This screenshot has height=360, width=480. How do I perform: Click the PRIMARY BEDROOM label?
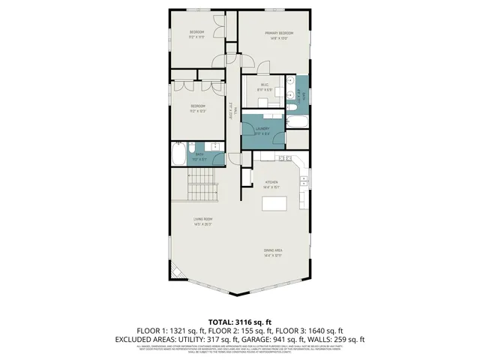click(277, 34)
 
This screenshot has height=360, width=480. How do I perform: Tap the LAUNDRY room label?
click(262, 128)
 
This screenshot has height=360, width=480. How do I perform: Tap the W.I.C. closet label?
click(265, 85)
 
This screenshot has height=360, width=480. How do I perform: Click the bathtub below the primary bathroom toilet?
click(297, 120)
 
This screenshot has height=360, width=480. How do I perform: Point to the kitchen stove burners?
click(284, 159)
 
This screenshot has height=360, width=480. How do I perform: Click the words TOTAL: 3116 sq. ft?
click(239, 320)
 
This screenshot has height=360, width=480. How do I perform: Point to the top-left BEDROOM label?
click(197, 31)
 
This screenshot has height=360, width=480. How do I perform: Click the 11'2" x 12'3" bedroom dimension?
click(198, 112)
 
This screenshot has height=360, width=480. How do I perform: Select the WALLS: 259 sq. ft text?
click(343, 339)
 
